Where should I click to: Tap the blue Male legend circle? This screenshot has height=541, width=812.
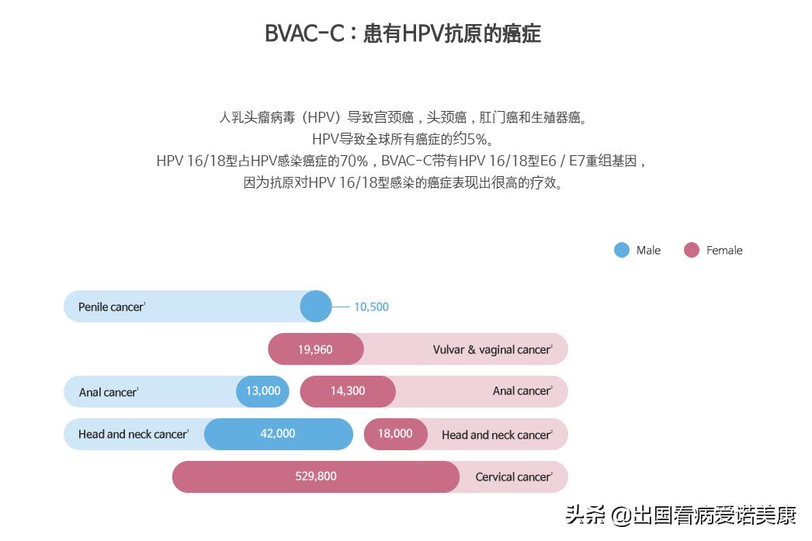(x=622, y=250)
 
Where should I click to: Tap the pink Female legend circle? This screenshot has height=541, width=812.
(x=692, y=250)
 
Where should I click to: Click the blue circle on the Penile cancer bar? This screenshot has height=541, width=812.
(x=315, y=307)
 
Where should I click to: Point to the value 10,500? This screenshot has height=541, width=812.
(x=371, y=307)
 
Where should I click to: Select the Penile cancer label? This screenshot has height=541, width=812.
(x=111, y=307)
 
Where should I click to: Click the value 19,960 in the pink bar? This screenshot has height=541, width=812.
(x=315, y=349)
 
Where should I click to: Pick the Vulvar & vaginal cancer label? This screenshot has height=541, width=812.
(x=492, y=349)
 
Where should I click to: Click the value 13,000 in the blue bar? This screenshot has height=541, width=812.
(x=263, y=391)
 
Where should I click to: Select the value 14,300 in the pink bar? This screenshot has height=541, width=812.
(x=348, y=391)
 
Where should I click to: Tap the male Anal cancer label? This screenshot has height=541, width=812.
(x=108, y=392)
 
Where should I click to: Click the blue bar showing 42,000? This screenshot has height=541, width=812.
(x=278, y=434)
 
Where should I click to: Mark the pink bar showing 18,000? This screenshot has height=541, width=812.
(x=395, y=434)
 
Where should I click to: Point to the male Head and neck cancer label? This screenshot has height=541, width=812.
(x=133, y=435)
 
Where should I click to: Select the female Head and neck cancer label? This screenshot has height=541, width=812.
(x=496, y=435)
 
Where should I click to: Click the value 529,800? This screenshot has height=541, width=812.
(x=316, y=477)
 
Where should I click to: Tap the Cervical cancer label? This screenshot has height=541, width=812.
(x=513, y=477)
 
